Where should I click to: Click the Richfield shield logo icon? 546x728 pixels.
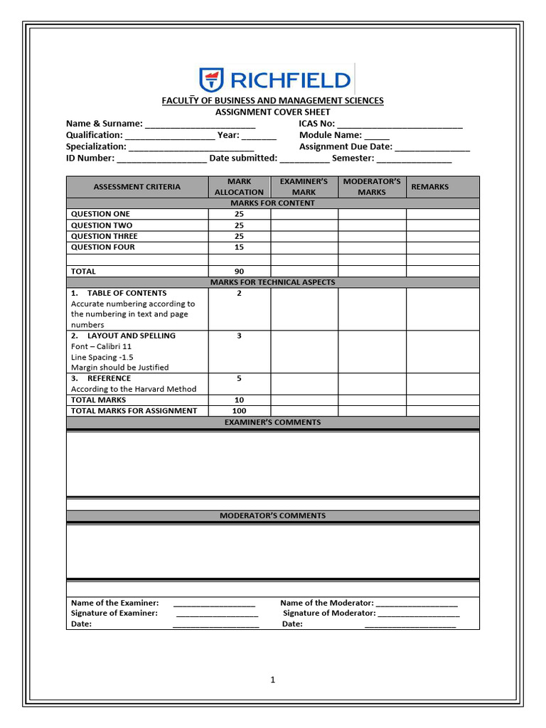pyautogui.click(x=211, y=80)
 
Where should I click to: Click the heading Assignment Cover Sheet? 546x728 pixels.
pyautogui.click(x=272, y=112)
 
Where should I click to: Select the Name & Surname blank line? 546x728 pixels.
pyautogui.click(x=200, y=124)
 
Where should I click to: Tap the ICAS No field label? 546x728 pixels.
pyautogui.click(x=316, y=123)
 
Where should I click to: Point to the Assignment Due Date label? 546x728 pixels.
pyautogui.click(x=346, y=146)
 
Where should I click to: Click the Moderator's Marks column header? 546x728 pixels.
pyautogui.click(x=372, y=187)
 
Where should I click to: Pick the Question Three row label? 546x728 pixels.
pyautogui.click(x=105, y=236)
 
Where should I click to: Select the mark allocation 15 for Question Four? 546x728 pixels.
pyautogui.click(x=239, y=247)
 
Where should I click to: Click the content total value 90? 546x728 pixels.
pyautogui.click(x=239, y=272)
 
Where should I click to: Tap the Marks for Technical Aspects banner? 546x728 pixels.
pyautogui.click(x=272, y=282)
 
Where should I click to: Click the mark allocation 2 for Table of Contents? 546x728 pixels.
pyautogui.click(x=239, y=293)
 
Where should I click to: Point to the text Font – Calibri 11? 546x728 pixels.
pyautogui.click(x=101, y=346)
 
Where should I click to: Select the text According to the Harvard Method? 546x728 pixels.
pyautogui.click(x=134, y=389)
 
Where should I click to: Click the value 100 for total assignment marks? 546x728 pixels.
pyautogui.click(x=239, y=411)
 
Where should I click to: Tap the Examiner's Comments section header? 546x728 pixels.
pyautogui.click(x=272, y=422)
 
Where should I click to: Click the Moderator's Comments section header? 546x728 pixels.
pyautogui.click(x=272, y=516)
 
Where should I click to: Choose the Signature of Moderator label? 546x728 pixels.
pyautogui.click(x=329, y=613)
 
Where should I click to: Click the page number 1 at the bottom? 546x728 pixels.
pyautogui.click(x=272, y=680)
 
